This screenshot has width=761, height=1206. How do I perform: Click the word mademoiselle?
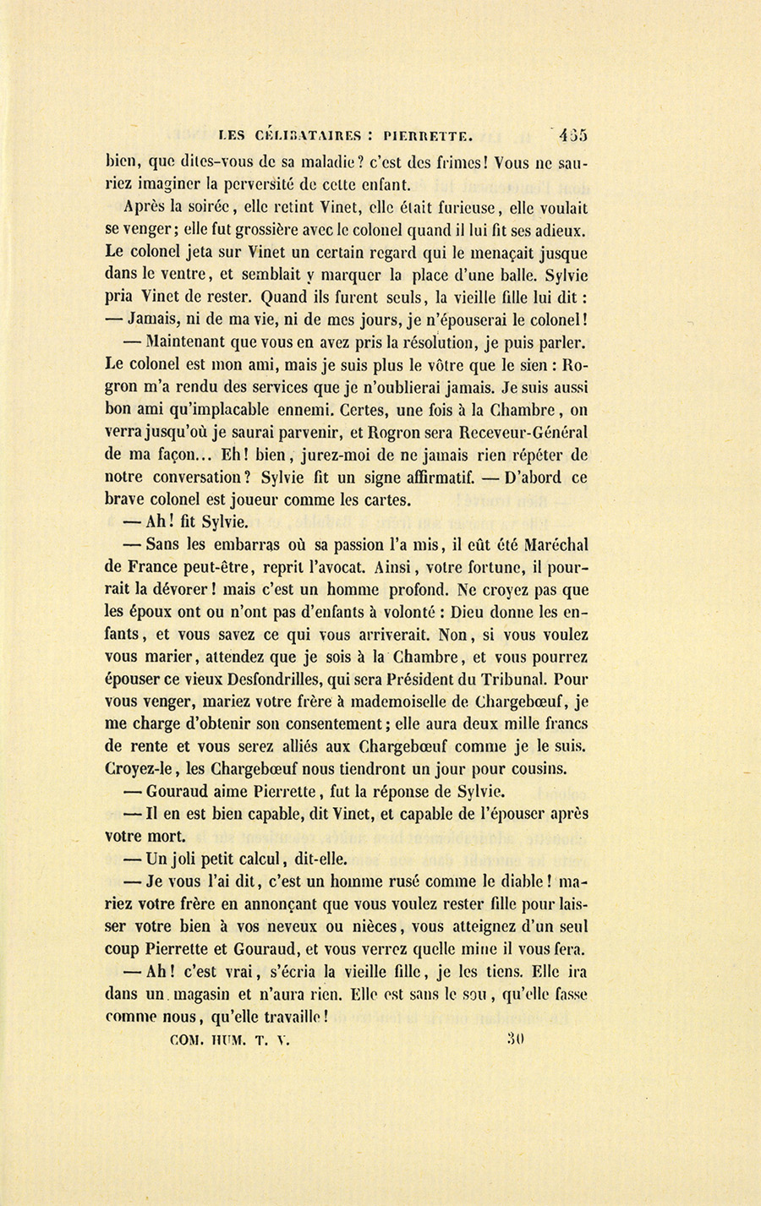click(x=410, y=701)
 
